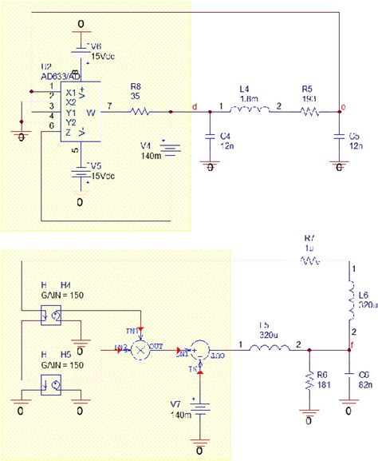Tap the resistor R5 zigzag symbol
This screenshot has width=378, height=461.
(x=310, y=113)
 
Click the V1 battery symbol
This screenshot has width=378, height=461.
(x=170, y=149)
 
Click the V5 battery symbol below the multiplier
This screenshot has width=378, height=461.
(x=79, y=173)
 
